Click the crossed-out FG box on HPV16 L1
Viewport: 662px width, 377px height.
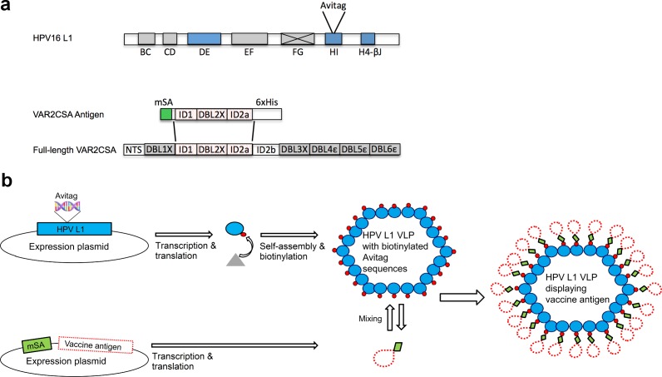coord(297,38)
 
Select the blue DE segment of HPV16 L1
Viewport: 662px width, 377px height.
coord(204,38)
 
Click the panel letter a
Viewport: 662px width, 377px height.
coord(7,6)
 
